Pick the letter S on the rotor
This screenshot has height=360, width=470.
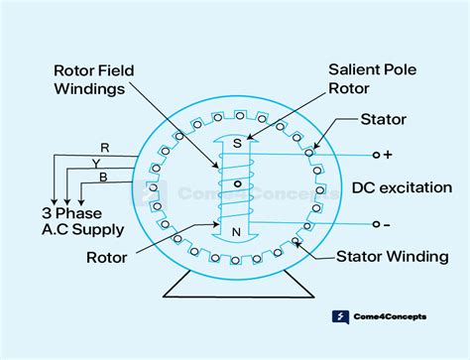[236, 143]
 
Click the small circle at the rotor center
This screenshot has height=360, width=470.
[236, 185]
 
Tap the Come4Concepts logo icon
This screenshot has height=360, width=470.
[340, 318]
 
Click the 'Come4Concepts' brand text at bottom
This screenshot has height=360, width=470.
[393, 318]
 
